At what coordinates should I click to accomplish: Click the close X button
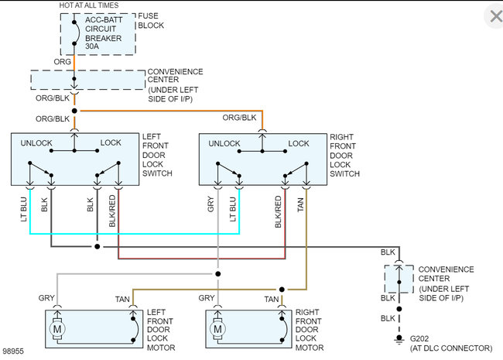(x=495, y=16)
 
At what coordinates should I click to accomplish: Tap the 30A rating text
(x=92, y=46)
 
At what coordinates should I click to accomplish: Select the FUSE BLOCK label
(x=151, y=21)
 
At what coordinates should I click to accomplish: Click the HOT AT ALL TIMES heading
(x=89, y=5)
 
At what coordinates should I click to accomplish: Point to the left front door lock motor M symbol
(x=57, y=329)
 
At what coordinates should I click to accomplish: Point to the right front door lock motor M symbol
(x=217, y=329)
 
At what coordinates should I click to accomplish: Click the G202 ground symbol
(x=399, y=339)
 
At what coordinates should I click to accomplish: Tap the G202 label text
(x=419, y=339)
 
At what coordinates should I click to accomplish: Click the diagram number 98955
(x=13, y=351)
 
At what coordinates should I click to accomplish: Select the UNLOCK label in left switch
(x=36, y=143)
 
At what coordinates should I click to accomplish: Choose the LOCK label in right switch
(x=299, y=143)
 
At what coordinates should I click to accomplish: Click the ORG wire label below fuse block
(x=62, y=62)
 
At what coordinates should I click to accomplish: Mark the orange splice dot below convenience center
(x=74, y=111)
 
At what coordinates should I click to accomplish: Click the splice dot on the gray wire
(x=217, y=274)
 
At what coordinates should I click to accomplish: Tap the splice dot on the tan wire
(x=282, y=290)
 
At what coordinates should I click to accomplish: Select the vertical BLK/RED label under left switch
(x=112, y=211)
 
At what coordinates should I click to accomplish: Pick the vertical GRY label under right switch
(x=210, y=204)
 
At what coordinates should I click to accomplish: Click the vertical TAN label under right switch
(x=300, y=204)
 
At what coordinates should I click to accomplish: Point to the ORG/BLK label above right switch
(x=239, y=118)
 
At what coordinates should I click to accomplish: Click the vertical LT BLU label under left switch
(x=23, y=209)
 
